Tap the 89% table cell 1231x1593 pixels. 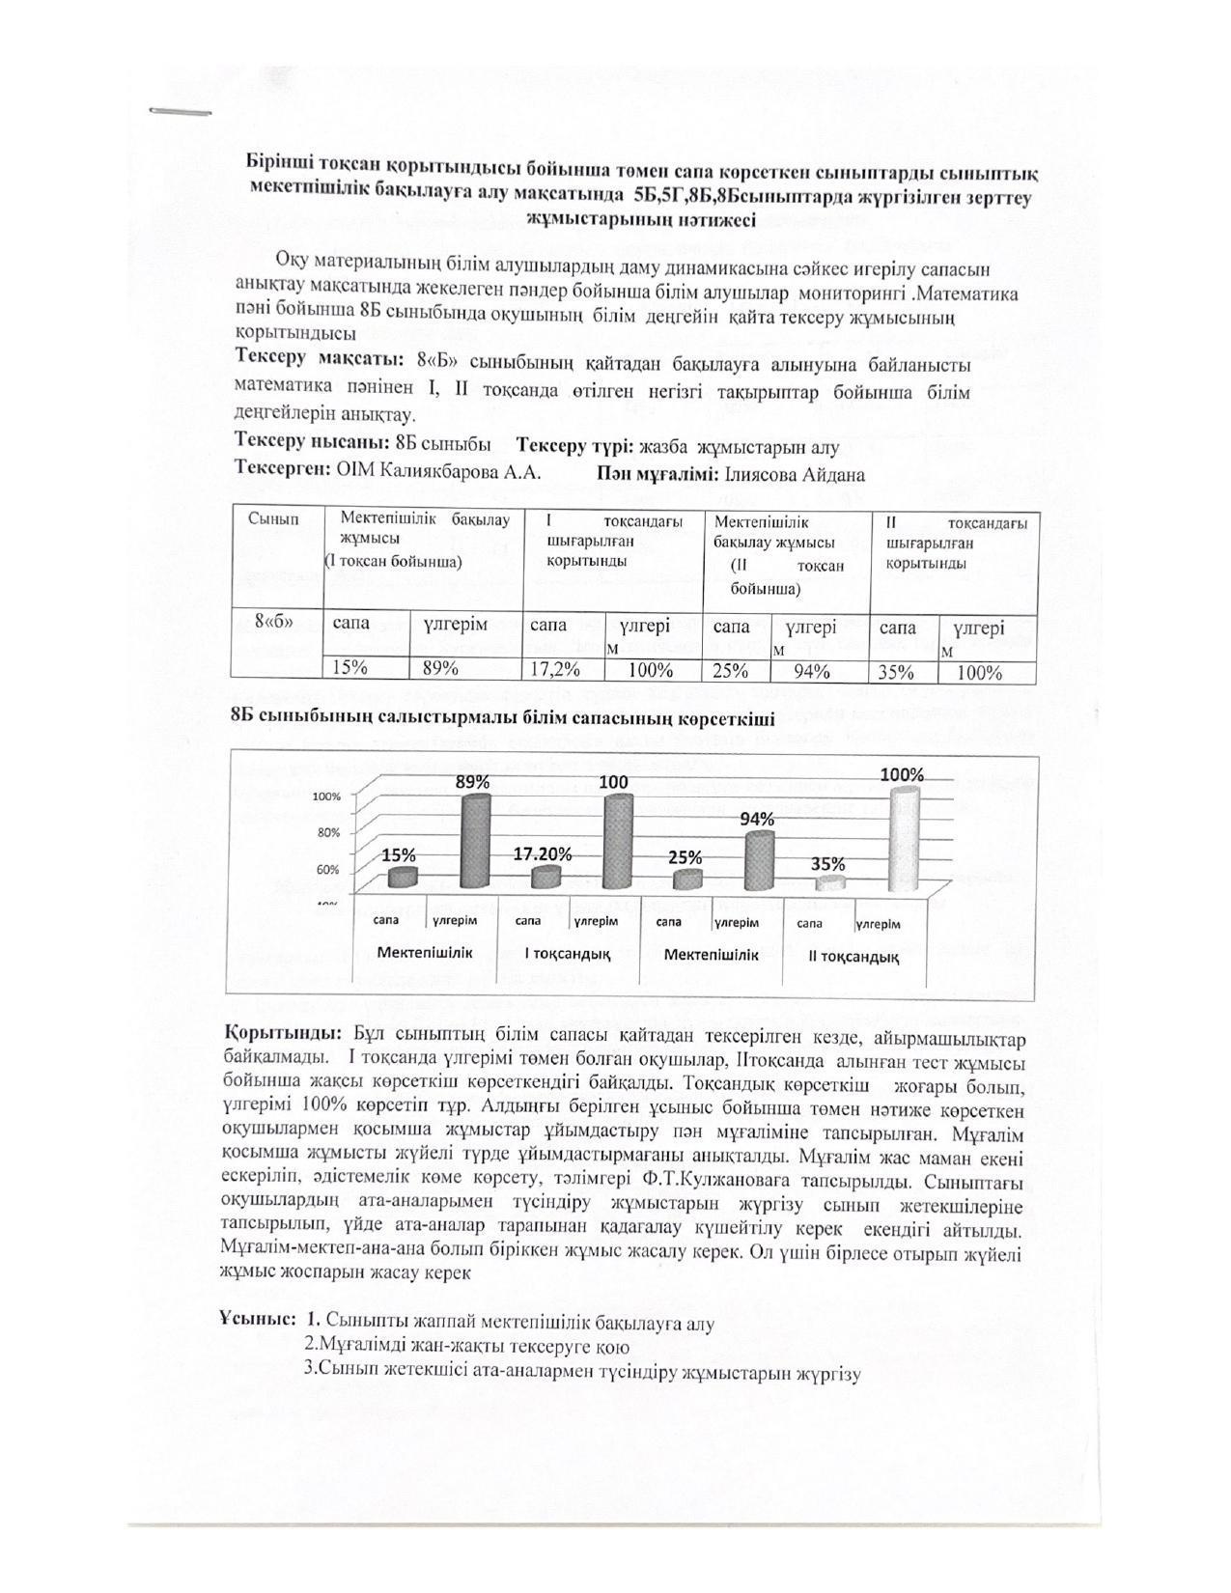click(440, 668)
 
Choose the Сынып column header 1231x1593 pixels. click(273, 519)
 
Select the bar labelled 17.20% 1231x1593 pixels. click(546, 877)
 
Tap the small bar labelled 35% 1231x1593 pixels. click(830, 883)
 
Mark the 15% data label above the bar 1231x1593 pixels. click(399, 855)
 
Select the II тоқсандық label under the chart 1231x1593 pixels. click(853, 957)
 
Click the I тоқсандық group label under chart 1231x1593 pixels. click(567, 954)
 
